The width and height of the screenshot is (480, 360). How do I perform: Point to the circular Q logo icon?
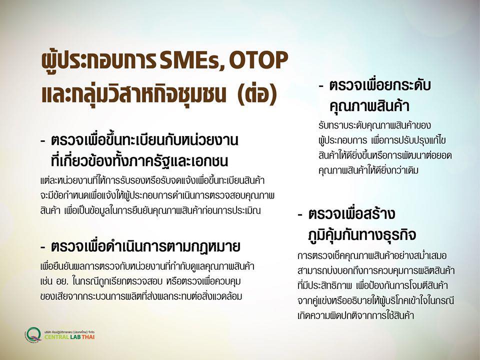click(x=33, y=335)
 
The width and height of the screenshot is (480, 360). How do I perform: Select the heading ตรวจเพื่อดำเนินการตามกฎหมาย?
click(x=145, y=246)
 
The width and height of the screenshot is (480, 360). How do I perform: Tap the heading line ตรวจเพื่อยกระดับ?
click(x=380, y=85)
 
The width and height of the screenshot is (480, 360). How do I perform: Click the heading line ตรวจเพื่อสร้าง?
click(x=351, y=213)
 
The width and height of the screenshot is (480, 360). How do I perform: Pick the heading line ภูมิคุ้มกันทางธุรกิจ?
click(x=362, y=235)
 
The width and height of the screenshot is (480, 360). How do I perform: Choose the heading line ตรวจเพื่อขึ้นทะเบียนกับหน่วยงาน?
click(x=144, y=140)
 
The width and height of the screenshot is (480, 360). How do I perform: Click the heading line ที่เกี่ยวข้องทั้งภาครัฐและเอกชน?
click(x=139, y=160)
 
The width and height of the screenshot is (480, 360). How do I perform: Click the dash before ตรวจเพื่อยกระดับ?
click(x=321, y=86)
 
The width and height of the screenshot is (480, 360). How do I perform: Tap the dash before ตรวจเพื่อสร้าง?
click(x=300, y=214)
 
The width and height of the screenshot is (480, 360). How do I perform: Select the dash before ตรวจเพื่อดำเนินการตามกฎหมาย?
click(x=43, y=247)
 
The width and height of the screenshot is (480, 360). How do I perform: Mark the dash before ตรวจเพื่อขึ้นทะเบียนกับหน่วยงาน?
click(x=43, y=141)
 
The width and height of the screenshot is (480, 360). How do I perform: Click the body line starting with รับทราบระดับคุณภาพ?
click(x=374, y=126)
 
